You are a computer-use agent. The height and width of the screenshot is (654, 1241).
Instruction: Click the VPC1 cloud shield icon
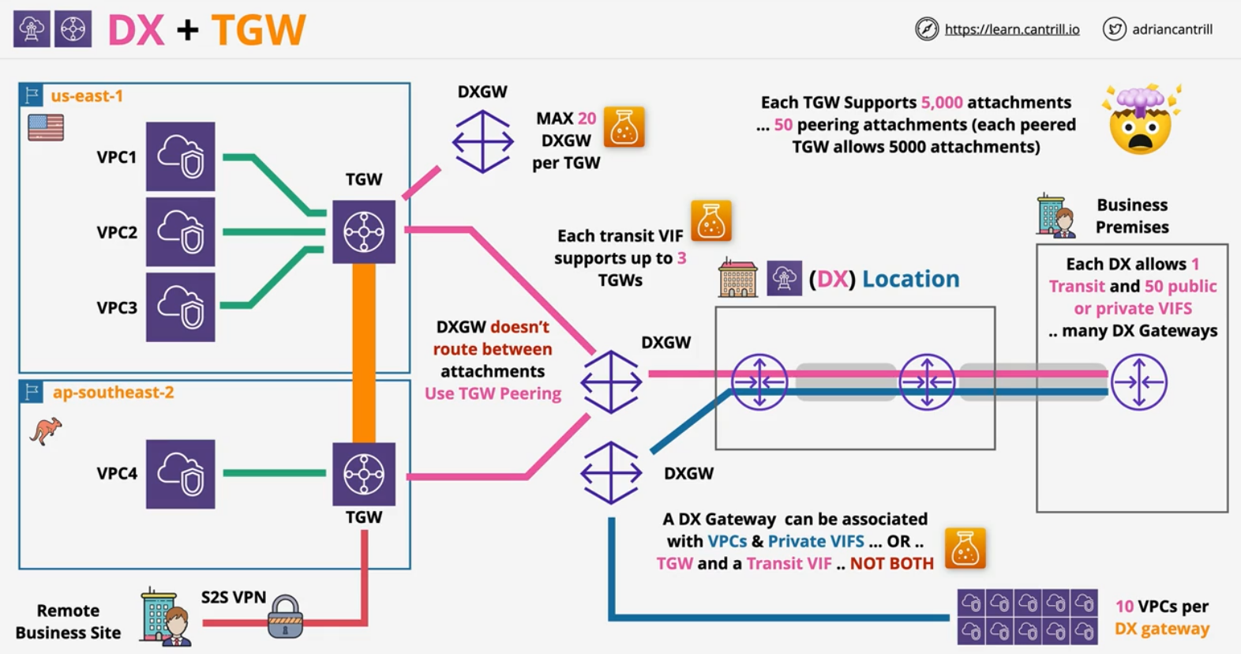click(180, 156)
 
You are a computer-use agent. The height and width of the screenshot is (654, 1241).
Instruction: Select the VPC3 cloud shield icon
click(180, 307)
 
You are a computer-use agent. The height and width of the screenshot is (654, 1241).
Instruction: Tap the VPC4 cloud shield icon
click(180, 474)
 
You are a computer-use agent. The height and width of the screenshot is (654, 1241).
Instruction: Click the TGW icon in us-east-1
click(364, 231)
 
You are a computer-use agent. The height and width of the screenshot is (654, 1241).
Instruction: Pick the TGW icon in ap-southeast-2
click(364, 474)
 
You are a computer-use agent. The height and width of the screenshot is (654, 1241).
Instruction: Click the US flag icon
click(46, 127)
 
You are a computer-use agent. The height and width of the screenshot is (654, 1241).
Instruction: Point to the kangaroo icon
click(46, 431)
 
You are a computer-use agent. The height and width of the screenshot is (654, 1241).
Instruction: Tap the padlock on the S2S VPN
click(285, 617)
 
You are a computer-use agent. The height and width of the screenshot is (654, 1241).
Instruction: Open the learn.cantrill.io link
click(1011, 29)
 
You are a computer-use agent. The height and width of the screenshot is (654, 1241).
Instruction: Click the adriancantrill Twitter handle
click(1172, 29)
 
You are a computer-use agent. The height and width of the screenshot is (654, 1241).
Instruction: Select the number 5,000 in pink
click(942, 103)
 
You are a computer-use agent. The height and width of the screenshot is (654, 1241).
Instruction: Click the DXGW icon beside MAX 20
click(482, 142)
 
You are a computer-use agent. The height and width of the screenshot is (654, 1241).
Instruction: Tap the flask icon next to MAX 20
click(624, 128)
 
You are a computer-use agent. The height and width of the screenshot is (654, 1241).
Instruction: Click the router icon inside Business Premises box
click(1138, 382)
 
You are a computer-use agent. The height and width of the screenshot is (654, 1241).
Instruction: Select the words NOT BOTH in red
click(891, 563)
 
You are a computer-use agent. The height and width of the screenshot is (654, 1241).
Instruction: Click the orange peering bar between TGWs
click(364, 352)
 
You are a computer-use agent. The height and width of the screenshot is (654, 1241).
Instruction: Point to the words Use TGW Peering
click(493, 393)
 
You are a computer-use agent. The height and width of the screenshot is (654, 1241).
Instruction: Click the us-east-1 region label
click(87, 96)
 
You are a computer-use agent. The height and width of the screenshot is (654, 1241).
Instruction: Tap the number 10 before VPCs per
click(1124, 607)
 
